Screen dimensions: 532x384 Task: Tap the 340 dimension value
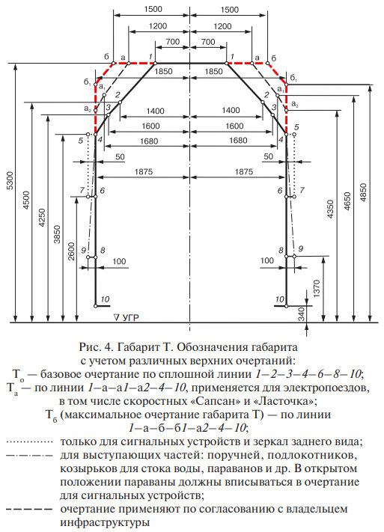pyautogui.click(x=301, y=314)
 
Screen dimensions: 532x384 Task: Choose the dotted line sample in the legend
pyautogui.click(x=30, y=441)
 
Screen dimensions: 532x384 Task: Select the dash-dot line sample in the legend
pyautogui.click(x=30, y=454)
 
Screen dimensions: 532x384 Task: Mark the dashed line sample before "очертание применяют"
pyautogui.click(x=30, y=510)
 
